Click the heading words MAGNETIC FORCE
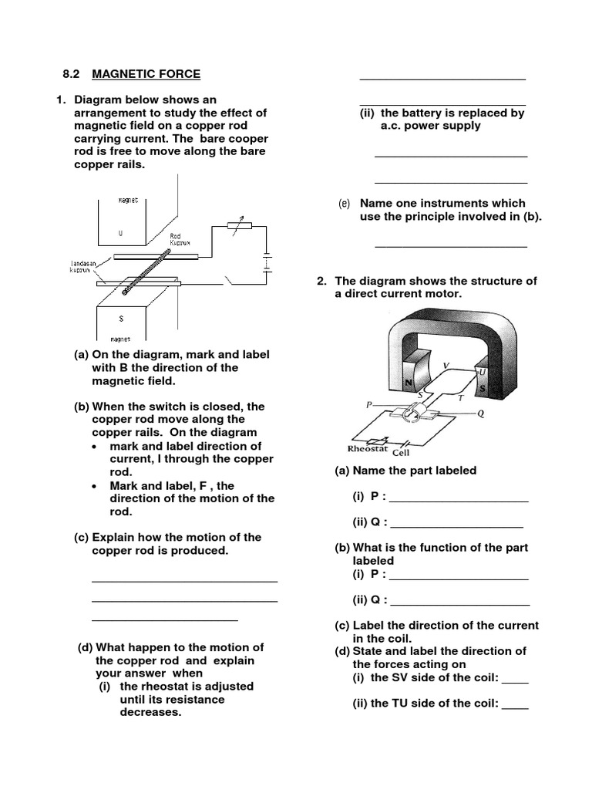146,74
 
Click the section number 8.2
72,74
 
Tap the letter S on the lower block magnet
121,318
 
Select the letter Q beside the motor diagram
480,413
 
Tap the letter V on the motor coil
446,364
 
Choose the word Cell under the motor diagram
402,453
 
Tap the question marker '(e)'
344,204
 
